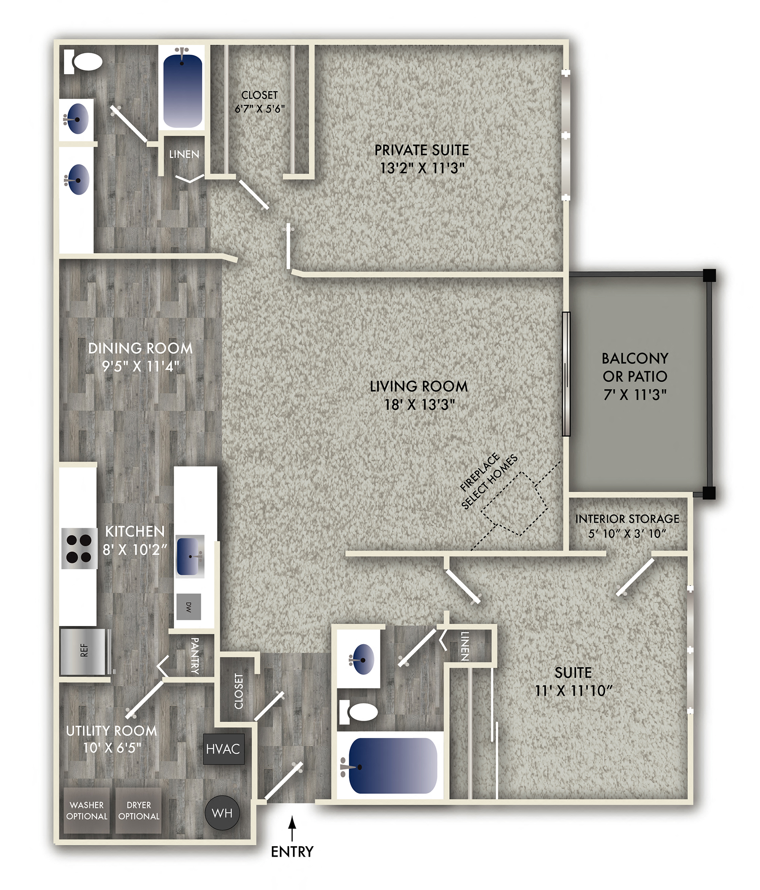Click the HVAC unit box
223,749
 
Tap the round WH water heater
222,813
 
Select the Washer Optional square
87,810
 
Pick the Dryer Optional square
139,810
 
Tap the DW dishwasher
188,607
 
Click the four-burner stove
79,548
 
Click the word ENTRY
292,851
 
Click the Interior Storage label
627,519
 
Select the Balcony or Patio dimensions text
635,394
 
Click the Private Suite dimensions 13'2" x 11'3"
423,168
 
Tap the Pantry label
194,655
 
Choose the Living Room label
419,387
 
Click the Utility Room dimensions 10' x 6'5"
112,748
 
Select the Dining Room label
140,348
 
